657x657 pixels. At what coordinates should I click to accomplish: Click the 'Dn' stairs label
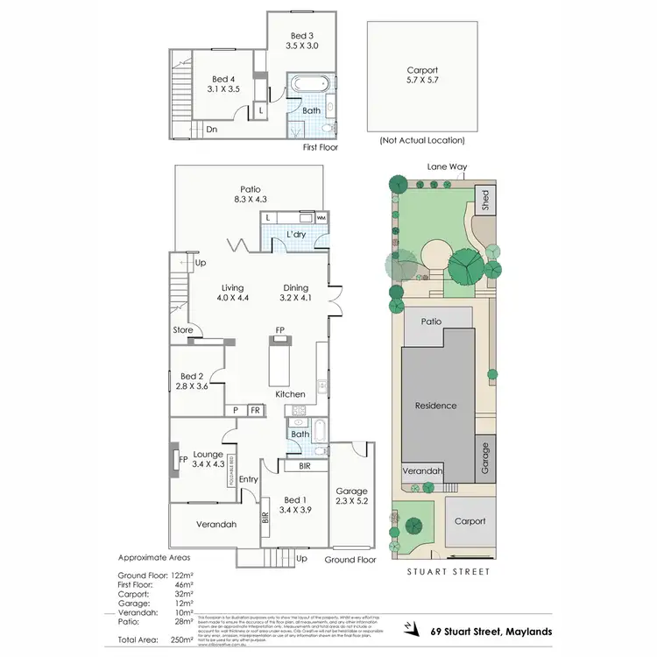coord(211,130)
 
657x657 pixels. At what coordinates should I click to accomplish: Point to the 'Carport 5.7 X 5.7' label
coord(421,75)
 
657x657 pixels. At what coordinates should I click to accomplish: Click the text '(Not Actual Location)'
coord(421,140)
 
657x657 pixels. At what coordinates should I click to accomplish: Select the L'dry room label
coord(296,236)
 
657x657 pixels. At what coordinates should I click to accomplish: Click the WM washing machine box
coord(321,216)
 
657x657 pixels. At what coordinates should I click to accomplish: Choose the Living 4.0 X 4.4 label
coord(232,293)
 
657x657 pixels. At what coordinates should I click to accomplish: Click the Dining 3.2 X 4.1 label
coord(295,293)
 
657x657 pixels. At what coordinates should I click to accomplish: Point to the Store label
coord(182,330)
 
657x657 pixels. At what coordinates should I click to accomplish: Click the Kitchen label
coord(290,395)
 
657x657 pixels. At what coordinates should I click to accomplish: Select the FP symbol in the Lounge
coord(183,458)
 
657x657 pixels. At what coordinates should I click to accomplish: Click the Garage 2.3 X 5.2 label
coord(352,497)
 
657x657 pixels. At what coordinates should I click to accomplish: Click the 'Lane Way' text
coord(444,166)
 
